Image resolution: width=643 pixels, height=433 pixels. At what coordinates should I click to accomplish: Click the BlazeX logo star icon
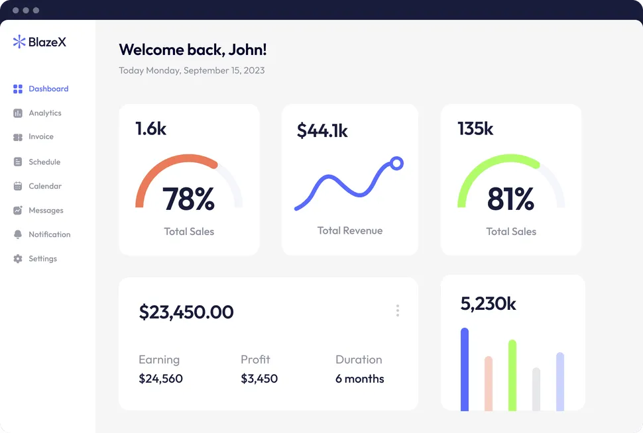(19, 42)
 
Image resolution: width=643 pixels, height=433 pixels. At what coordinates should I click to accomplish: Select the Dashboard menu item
(48, 89)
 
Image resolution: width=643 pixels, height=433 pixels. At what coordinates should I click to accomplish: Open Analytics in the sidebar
(44, 113)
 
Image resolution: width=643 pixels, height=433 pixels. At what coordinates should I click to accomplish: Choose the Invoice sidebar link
(40, 136)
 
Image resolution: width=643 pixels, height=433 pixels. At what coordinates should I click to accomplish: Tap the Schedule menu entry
(44, 162)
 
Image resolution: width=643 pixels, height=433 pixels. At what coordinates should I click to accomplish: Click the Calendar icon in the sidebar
(18, 186)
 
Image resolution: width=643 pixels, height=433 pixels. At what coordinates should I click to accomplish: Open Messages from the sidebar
(46, 211)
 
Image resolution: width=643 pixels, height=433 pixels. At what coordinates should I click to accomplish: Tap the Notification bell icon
(18, 234)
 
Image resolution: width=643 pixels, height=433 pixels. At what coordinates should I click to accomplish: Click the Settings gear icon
(18, 259)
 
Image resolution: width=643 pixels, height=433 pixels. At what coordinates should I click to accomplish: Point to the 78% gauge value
(188, 199)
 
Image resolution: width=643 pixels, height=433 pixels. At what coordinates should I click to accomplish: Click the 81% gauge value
(510, 199)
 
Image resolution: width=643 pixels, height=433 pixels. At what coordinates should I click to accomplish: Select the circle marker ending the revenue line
(396, 163)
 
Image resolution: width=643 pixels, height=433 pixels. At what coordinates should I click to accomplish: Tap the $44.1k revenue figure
(322, 130)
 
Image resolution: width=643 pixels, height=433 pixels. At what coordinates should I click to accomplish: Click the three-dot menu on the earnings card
(398, 311)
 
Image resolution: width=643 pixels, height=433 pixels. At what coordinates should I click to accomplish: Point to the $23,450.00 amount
(186, 312)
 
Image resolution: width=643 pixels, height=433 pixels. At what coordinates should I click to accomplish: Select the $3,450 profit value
(259, 379)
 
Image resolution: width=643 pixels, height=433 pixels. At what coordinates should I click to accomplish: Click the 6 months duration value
(360, 379)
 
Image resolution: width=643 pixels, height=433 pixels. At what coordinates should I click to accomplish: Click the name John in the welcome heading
(247, 49)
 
